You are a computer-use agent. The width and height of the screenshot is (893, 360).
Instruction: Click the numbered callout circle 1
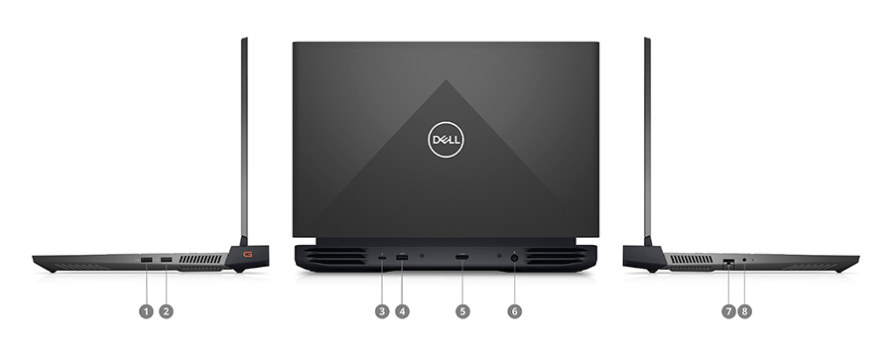147,310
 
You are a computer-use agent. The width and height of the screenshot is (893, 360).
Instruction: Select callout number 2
167,310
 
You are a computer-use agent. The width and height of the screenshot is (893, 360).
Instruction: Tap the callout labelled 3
382,310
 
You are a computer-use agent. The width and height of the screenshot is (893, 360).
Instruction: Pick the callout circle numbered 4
402,310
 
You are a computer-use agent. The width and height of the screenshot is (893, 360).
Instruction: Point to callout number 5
462,310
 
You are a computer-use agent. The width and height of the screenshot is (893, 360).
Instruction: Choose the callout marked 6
514,310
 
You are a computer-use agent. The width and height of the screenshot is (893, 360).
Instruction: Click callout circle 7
728,310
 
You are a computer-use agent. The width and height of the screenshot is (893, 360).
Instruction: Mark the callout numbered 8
745,310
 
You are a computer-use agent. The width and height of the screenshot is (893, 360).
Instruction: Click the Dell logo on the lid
446,140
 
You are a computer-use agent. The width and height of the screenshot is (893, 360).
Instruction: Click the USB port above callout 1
147,260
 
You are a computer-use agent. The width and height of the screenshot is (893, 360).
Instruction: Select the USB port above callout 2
166,260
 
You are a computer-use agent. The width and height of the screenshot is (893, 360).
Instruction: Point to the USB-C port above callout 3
382,258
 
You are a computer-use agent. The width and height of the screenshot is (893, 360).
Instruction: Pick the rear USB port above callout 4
402,258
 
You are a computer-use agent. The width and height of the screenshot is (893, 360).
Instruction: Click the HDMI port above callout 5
462,258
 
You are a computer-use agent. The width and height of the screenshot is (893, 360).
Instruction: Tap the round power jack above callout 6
514,258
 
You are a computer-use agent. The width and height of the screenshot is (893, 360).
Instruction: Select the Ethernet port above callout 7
728,260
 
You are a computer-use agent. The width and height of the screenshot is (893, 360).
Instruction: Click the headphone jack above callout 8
745,260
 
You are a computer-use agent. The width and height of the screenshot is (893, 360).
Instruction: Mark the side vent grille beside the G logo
201,259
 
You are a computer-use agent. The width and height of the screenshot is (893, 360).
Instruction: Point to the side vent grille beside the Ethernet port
691,259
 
